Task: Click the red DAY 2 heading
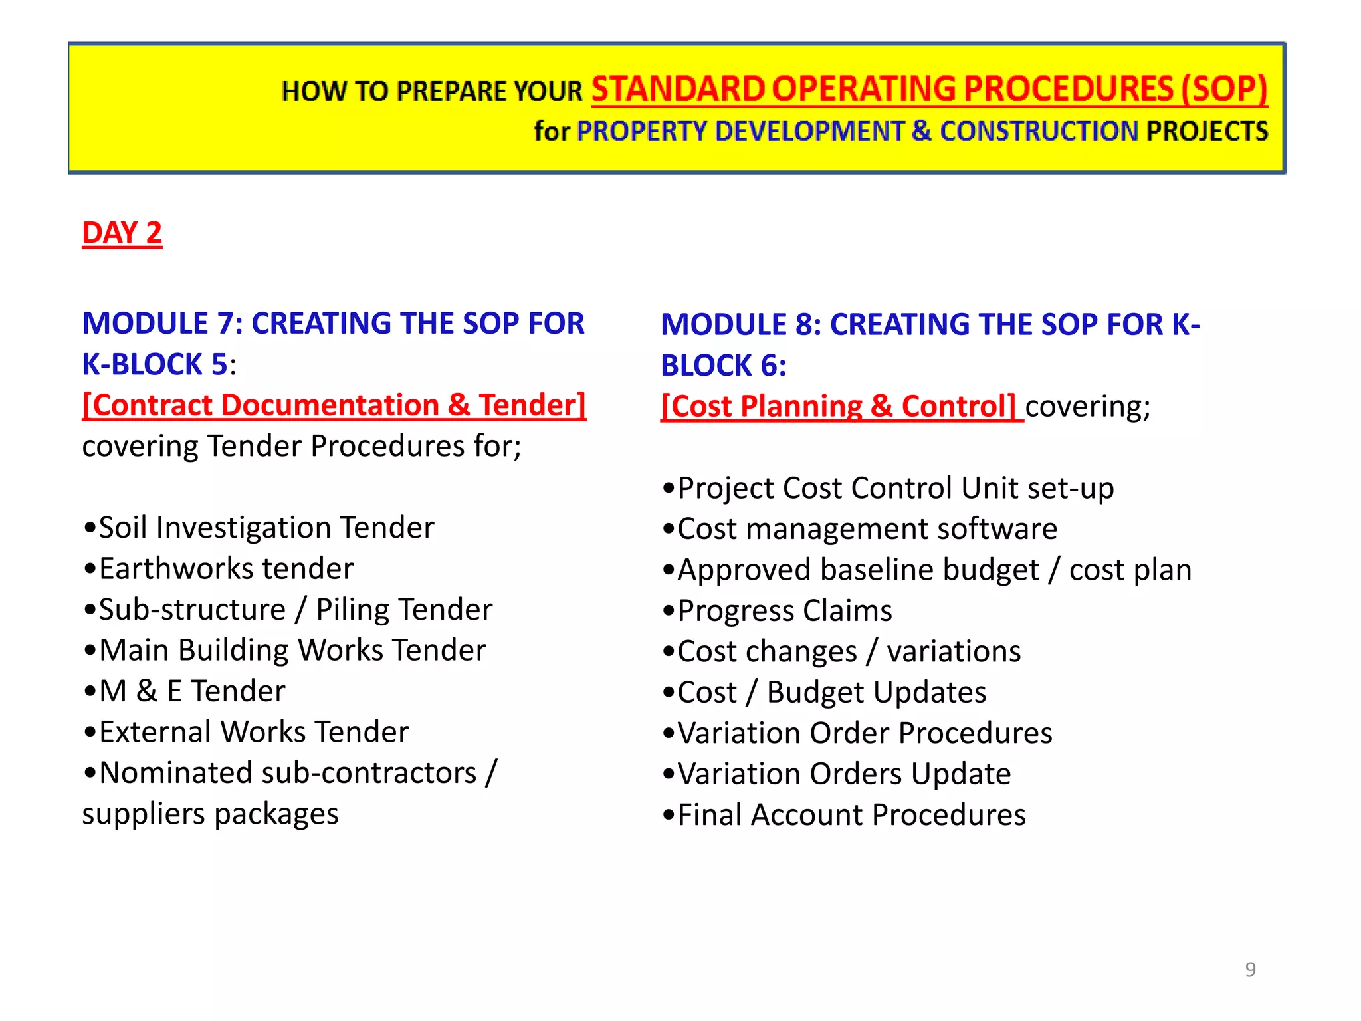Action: point(122,233)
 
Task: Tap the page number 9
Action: point(1250,969)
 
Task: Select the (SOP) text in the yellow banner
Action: point(1224,89)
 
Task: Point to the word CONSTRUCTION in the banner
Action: point(1039,132)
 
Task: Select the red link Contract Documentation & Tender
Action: point(334,405)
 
